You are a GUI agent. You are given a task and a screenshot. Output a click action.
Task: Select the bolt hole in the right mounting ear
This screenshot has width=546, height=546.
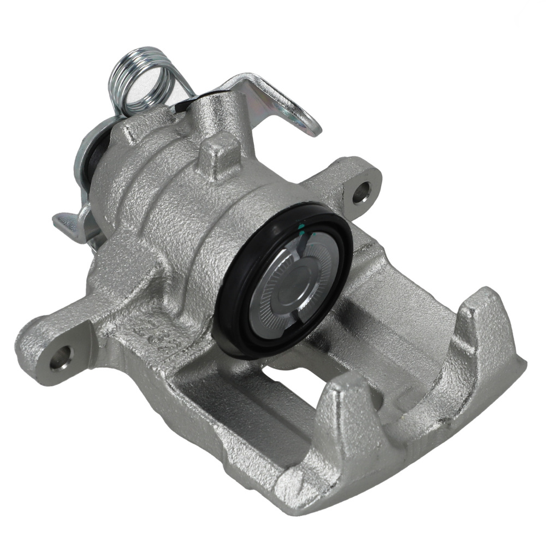pos(361,192)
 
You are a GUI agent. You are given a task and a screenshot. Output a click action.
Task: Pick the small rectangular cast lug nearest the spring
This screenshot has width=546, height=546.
pos(131,131)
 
